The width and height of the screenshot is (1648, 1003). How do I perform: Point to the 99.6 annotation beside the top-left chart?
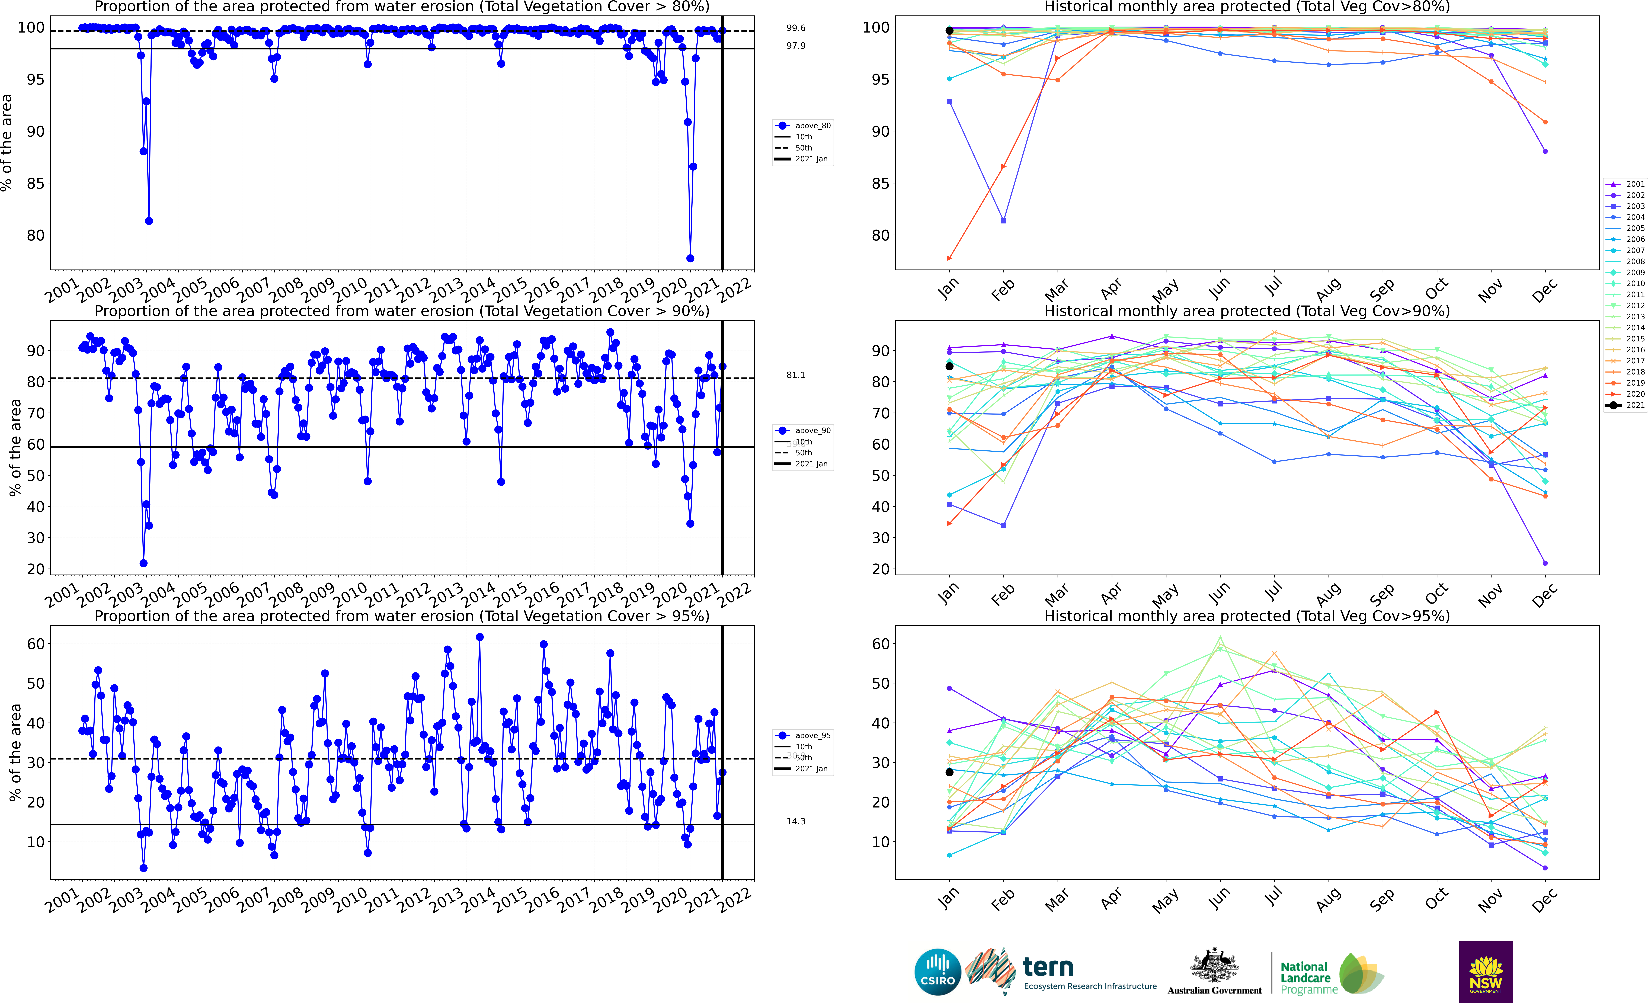tap(796, 28)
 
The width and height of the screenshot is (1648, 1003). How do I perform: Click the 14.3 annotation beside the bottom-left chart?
tap(796, 821)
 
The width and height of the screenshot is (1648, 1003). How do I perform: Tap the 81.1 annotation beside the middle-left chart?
tap(796, 375)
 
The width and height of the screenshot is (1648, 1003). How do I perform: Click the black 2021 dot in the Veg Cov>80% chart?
tap(949, 31)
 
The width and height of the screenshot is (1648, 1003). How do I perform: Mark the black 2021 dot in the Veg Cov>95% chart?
tap(949, 772)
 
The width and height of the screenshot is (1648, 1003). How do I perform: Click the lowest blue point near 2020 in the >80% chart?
tap(690, 258)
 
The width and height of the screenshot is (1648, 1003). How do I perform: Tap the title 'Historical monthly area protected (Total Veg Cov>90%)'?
tap(1247, 311)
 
